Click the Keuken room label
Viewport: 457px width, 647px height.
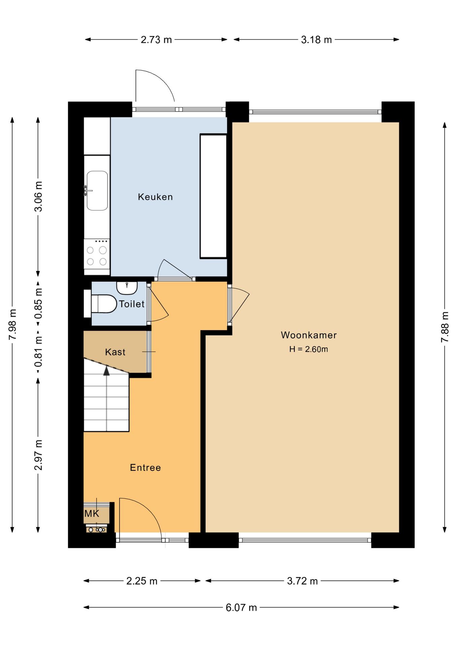155,197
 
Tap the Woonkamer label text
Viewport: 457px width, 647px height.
309,335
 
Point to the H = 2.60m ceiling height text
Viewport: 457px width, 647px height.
309,349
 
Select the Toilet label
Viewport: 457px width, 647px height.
132,304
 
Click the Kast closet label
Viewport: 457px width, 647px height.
115,352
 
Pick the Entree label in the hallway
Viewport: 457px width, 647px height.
145,468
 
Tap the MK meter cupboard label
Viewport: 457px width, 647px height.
92,514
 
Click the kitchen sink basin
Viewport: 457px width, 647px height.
97,191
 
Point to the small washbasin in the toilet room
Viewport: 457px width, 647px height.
127,287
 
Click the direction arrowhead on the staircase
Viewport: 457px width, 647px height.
107,371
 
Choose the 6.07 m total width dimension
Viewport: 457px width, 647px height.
241,607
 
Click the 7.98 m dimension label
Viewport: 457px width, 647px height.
12,324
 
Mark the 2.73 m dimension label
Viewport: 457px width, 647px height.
156,40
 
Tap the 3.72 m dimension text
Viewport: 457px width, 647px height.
302,581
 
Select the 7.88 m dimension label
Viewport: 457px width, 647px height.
445,327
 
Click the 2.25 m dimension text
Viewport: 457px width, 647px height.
142,581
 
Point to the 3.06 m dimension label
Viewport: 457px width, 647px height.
38,196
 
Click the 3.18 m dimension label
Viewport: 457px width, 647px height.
316,40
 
